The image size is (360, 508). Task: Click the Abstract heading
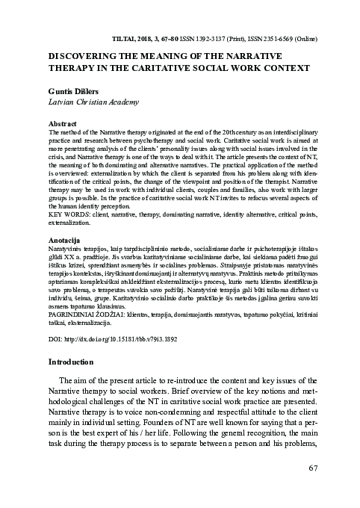[x=62, y=121]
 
